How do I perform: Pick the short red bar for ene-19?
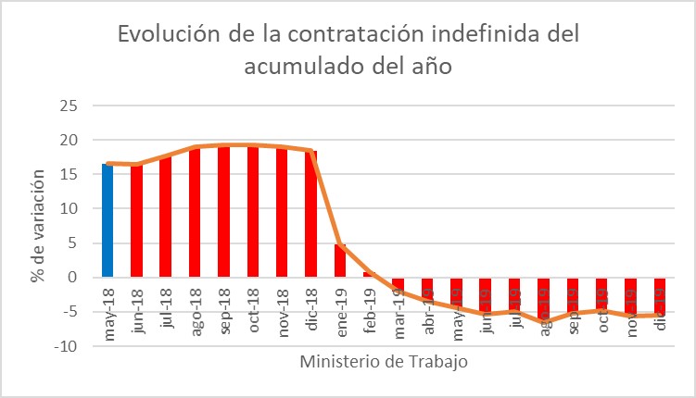[x=340, y=260]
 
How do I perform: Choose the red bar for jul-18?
[x=166, y=217]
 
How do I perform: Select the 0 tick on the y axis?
[x=71, y=277]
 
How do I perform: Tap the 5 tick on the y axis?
[x=71, y=243]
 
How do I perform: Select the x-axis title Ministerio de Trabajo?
[x=384, y=362]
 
